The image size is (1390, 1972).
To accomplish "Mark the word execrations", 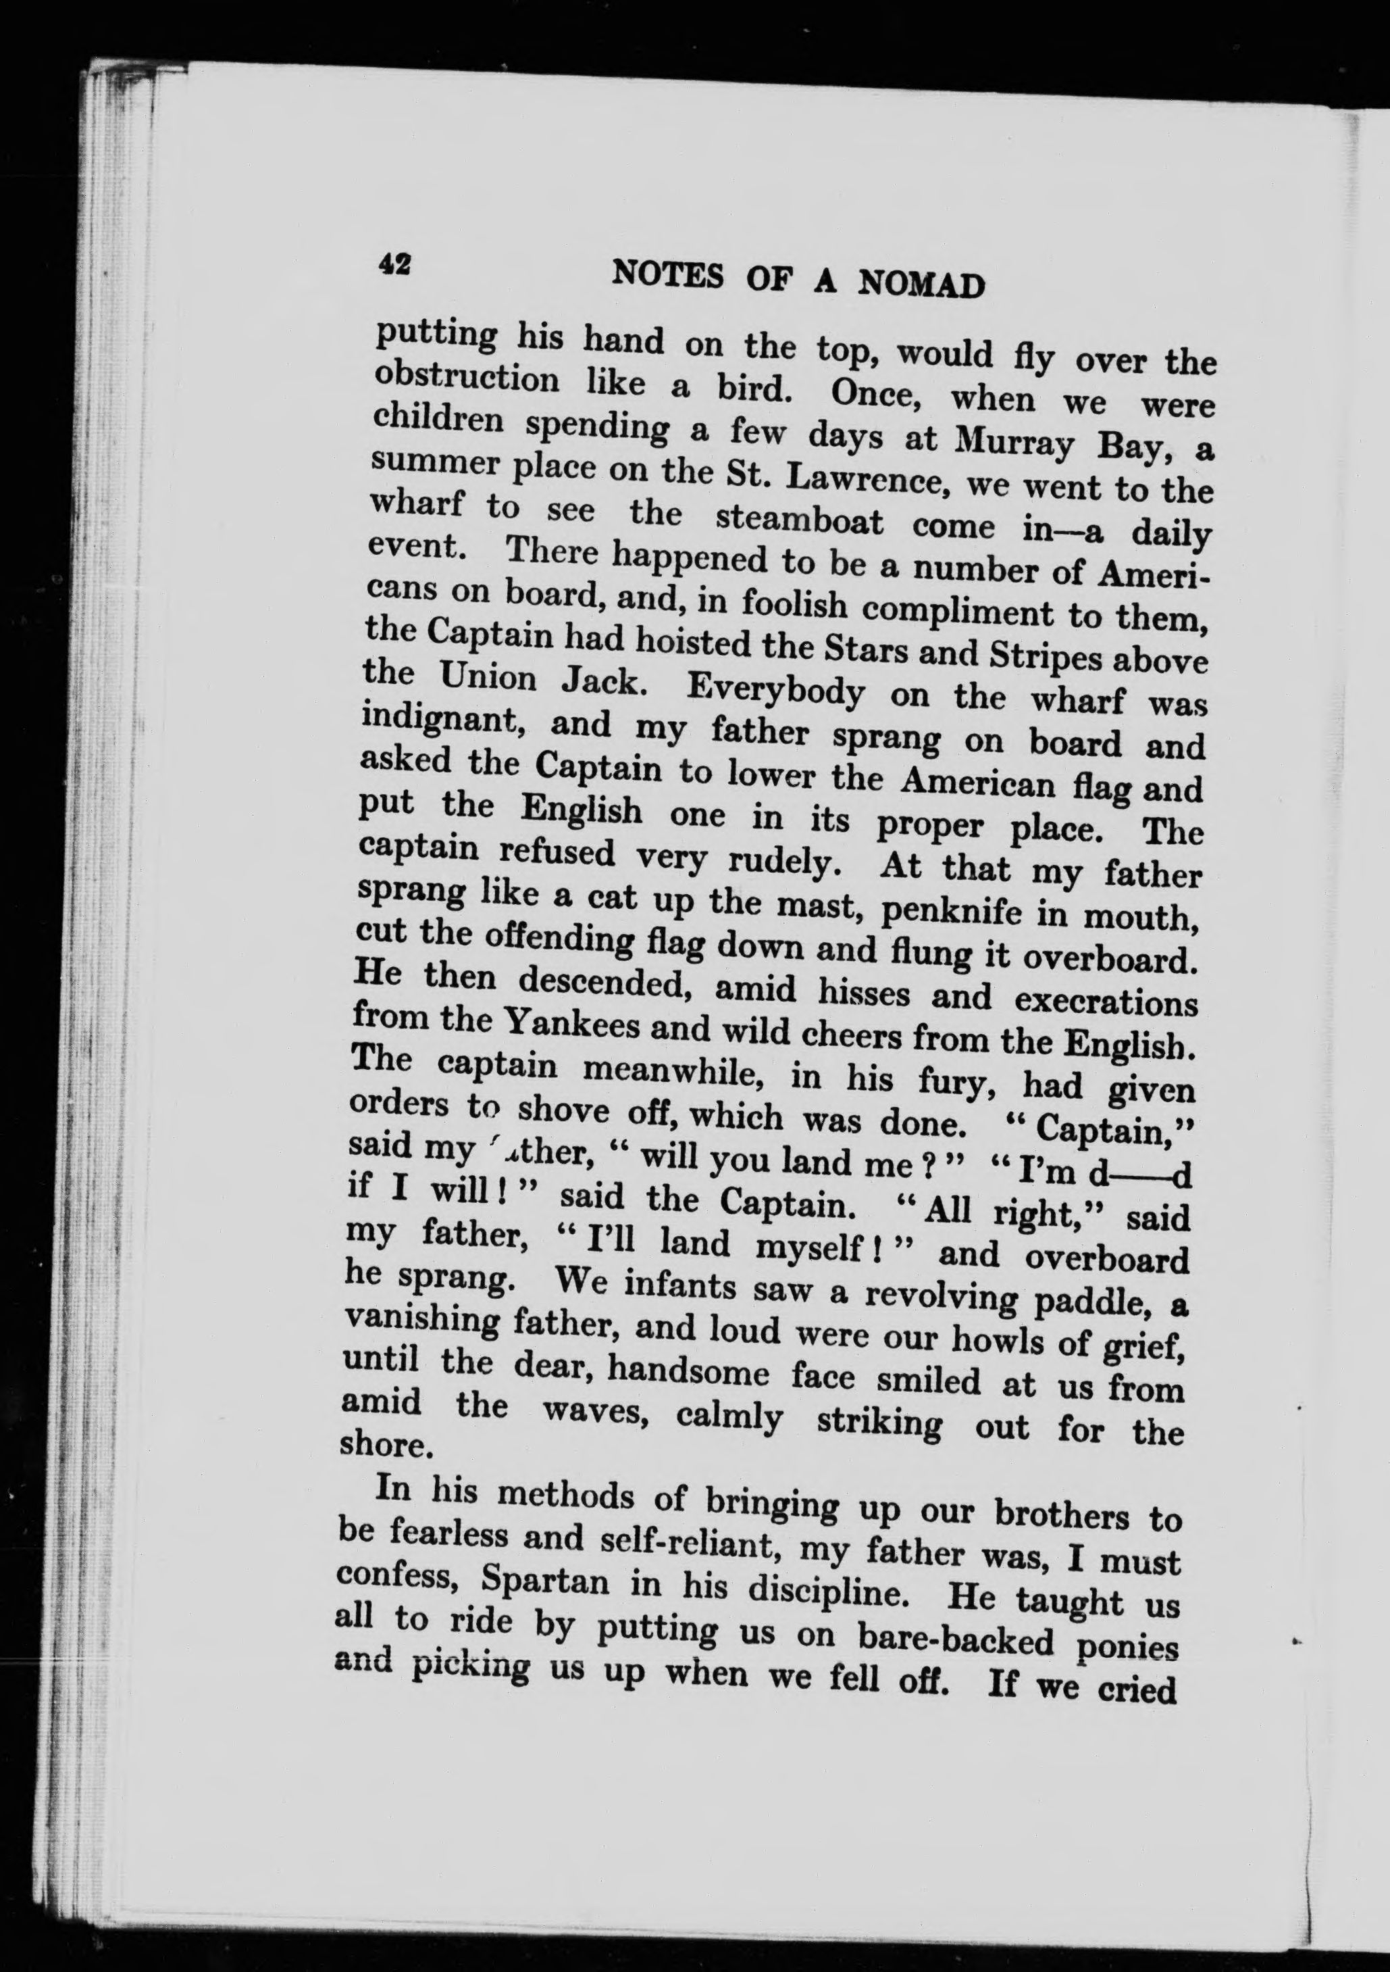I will click(x=1106, y=1002).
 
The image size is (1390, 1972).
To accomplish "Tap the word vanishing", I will click(x=420, y=1323).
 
